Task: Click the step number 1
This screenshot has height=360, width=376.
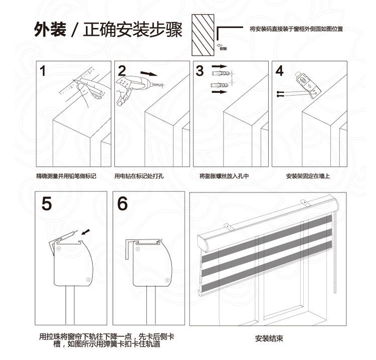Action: point(44,71)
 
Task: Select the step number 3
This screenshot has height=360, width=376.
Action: point(200,71)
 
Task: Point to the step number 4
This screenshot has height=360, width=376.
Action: point(279,71)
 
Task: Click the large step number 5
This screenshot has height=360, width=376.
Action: point(47,204)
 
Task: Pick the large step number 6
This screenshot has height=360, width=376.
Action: point(123,204)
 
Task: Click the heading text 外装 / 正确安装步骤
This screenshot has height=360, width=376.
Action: point(108,31)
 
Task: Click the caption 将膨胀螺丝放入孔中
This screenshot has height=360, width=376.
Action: point(224,176)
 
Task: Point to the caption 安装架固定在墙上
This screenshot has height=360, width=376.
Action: point(308,176)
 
